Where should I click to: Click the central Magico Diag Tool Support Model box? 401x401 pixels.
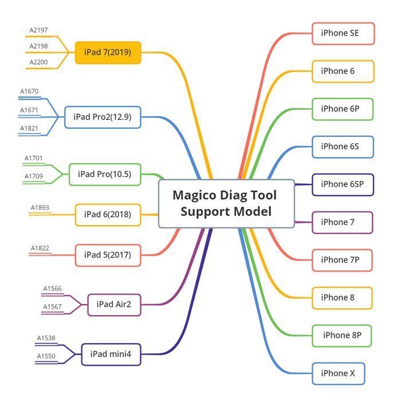tap(226, 203)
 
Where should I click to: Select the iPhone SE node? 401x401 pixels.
tap(343, 33)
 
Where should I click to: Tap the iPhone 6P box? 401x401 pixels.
tap(343, 109)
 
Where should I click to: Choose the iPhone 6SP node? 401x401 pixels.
tap(343, 184)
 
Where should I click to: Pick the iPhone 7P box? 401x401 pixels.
tap(343, 260)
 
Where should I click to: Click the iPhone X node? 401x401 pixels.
tap(338, 374)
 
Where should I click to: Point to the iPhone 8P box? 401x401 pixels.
tap(343, 336)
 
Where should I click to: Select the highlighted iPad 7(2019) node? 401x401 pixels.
tap(108, 53)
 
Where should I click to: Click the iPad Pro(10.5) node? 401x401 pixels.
tap(104, 174)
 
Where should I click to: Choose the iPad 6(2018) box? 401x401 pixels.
tap(108, 215)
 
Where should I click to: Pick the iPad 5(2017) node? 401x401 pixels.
tap(108, 255)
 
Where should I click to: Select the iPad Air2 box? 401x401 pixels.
tap(113, 305)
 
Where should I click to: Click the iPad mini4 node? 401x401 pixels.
tap(111, 354)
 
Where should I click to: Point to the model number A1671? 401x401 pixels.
tap(29, 110)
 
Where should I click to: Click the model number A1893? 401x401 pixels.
tap(40, 208)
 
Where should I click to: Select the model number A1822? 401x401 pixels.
tap(40, 248)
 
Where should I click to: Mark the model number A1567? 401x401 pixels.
tap(52, 307)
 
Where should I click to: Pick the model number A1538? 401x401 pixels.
tap(46, 338)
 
